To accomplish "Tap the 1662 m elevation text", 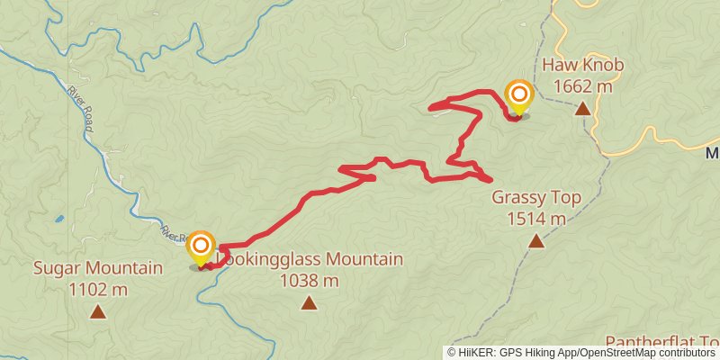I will tap(582, 86).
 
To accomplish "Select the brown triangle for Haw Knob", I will tap(583, 109).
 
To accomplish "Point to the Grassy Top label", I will tap(536, 198).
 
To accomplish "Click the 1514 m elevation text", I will tap(536, 218).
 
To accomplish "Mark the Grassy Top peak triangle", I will tap(536, 240).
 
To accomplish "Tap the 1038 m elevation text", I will tap(309, 280).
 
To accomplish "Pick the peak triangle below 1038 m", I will tap(309, 302).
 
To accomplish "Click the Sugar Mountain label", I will tap(98, 268).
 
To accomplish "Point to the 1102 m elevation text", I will tap(98, 289).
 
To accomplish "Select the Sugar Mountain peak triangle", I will tap(98, 312).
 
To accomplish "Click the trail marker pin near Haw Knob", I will tap(519, 96).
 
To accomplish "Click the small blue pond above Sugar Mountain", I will tap(58, 218).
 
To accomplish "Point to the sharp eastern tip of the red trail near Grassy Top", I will tap(490, 177).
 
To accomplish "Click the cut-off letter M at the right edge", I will tap(713, 152).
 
